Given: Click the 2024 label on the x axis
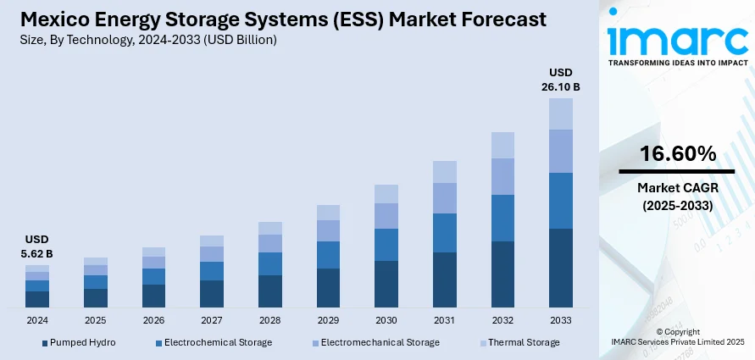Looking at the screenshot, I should click(x=37, y=321).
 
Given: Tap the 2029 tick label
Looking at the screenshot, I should click(x=328, y=321).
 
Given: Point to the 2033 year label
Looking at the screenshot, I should click(x=560, y=321).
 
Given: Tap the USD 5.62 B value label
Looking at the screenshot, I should click(x=38, y=246).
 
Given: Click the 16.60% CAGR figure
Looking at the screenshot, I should click(x=677, y=154).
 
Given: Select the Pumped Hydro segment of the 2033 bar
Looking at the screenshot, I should click(x=560, y=267).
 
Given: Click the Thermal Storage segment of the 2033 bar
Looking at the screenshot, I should click(x=560, y=114).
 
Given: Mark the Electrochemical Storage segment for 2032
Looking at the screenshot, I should click(x=502, y=218).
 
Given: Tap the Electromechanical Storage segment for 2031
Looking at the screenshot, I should click(x=444, y=197).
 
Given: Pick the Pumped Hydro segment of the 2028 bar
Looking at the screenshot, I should click(x=269, y=291).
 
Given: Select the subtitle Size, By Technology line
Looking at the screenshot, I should click(x=149, y=40).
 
